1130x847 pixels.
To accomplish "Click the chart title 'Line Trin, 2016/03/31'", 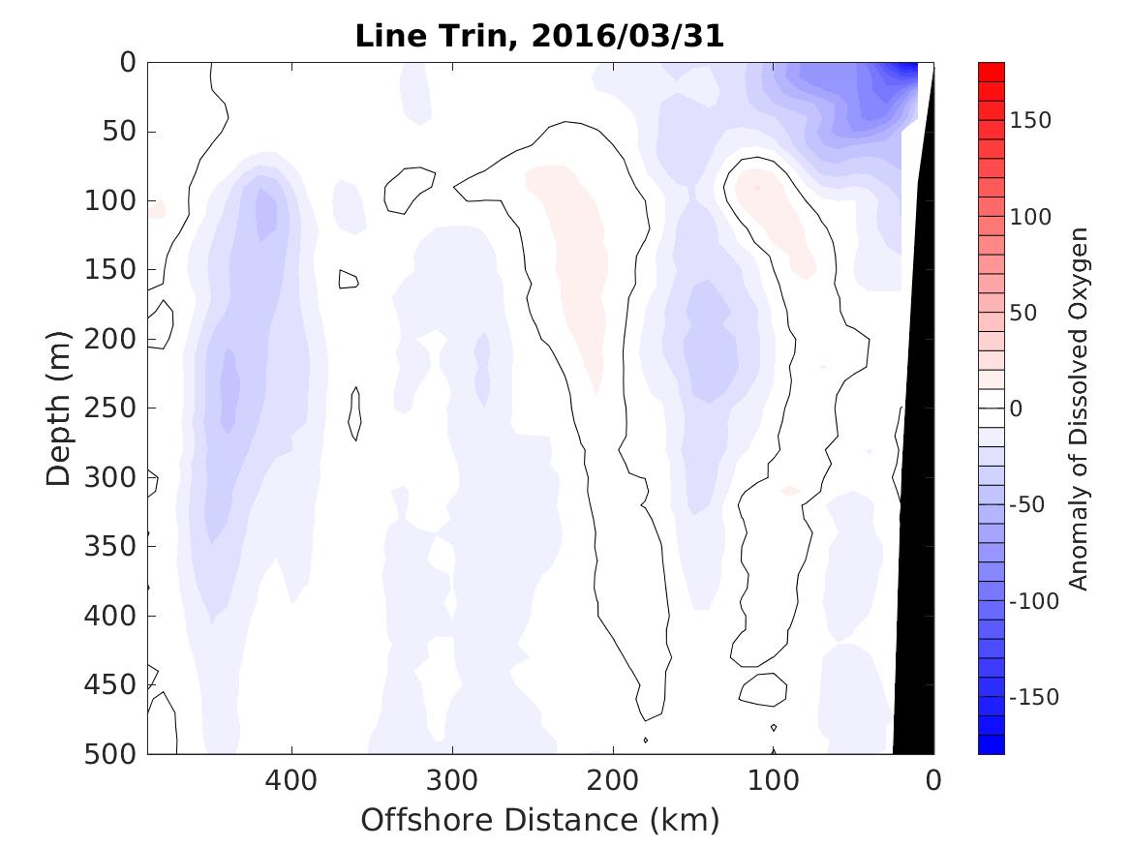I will point(540,36).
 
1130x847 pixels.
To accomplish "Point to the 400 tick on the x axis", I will point(290,779).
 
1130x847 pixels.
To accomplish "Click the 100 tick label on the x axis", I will point(773,779).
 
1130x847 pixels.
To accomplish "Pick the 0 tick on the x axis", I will point(933,779).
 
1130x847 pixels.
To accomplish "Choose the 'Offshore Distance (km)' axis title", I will point(540,821).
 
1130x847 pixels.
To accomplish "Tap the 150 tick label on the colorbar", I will point(1030,120).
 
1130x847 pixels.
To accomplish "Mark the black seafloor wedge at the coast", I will point(915,581).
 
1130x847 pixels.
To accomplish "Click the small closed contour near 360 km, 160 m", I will point(349,280).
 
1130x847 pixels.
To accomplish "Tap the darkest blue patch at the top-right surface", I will point(904,70).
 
